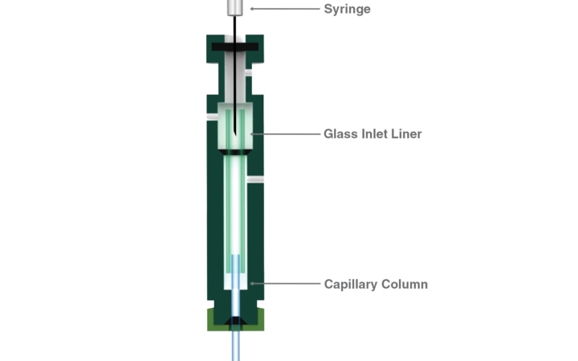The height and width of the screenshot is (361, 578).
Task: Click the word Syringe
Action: click(x=347, y=10)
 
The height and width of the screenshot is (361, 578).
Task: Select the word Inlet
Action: click(x=375, y=133)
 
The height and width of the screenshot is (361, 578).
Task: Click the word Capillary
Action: click(x=352, y=284)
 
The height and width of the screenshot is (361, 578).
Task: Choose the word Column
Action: click(x=405, y=284)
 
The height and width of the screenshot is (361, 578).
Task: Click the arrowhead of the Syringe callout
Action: click(x=252, y=9)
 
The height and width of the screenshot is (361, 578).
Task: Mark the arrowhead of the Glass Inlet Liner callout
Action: click(x=252, y=133)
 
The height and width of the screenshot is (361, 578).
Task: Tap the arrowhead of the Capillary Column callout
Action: click(x=252, y=283)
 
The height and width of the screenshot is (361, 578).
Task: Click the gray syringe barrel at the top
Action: click(x=235, y=7)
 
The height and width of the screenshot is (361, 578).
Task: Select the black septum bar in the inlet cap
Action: click(x=235, y=47)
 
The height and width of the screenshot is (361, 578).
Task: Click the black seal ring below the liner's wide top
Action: click(x=235, y=151)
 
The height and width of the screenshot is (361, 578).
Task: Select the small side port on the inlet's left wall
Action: click(x=212, y=117)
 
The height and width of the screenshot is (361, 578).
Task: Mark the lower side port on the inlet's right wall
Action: click(x=256, y=180)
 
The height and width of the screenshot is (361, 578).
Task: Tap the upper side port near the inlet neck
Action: click(x=249, y=73)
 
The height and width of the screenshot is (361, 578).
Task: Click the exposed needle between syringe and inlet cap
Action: click(x=235, y=26)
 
